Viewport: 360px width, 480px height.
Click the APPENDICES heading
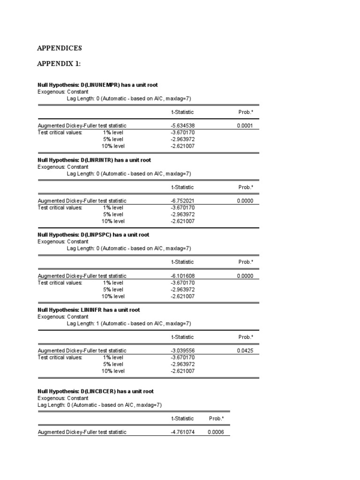(x=60, y=48)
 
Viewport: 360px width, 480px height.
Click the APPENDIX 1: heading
(x=59, y=64)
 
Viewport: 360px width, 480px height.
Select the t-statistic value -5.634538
(x=182, y=126)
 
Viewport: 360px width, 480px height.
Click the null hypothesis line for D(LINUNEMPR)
(x=97, y=85)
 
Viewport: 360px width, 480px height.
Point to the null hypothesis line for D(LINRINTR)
(x=94, y=160)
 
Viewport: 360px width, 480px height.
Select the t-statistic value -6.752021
(x=182, y=201)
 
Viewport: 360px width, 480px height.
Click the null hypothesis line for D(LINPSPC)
(x=93, y=235)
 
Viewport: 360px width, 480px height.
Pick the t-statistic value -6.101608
(x=182, y=276)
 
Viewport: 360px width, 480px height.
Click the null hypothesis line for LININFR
(x=89, y=310)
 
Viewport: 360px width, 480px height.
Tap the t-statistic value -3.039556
(x=182, y=351)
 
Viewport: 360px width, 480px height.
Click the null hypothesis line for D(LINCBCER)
(x=95, y=391)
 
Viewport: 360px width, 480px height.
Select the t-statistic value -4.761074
(x=182, y=432)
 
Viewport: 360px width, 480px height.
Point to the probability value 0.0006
(x=216, y=432)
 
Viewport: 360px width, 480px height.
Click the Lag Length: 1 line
(x=129, y=323)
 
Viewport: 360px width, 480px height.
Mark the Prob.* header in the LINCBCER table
(x=216, y=418)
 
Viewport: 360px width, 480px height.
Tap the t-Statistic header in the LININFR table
(x=182, y=337)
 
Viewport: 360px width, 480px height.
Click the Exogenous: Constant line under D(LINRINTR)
(x=63, y=167)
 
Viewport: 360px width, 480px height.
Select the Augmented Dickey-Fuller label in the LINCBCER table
(x=82, y=432)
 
